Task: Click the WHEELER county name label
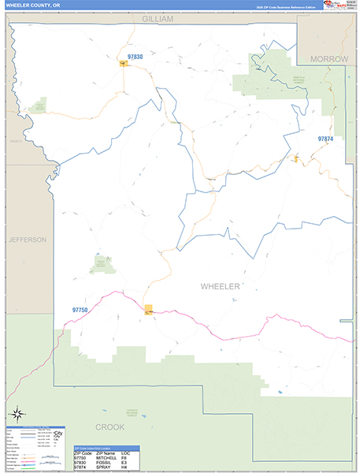click(x=220, y=286)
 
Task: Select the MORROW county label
click(x=328, y=59)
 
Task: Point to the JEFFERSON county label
click(x=28, y=239)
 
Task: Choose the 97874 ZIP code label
click(x=325, y=139)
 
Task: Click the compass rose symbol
click(x=17, y=413)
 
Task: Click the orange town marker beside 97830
click(x=123, y=65)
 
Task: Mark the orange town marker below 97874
click(x=296, y=159)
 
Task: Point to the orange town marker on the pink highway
click(x=149, y=309)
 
